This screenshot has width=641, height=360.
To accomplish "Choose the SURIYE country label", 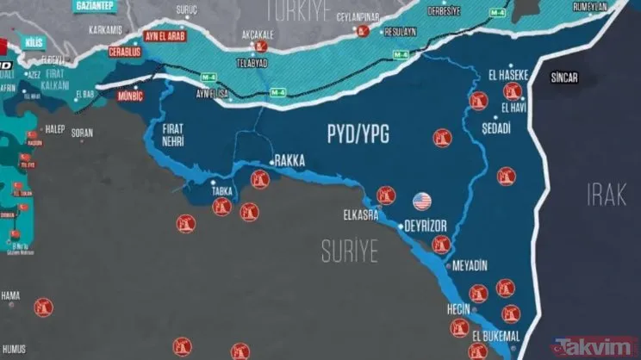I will (x=350, y=251).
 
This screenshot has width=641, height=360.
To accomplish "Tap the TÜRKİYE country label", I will (x=300, y=9).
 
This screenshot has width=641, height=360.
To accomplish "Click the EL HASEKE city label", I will (x=507, y=73).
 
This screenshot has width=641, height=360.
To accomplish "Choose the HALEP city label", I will (x=55, y=129).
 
